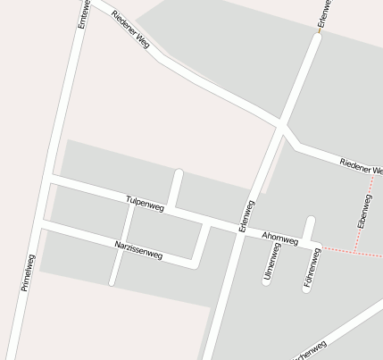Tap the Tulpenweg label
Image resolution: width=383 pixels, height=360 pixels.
point(146,205)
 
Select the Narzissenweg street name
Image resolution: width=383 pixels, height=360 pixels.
point(138,249)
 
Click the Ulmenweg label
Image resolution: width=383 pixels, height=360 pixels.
point(271,263)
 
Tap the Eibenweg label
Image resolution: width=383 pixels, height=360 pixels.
point(363,210)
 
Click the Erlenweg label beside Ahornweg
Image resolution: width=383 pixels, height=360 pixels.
point(247,216)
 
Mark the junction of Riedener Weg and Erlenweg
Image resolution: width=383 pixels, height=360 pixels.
point(282,126)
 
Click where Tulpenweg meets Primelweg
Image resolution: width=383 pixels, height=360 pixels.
point(53,180)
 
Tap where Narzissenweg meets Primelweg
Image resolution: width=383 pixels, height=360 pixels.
point(44,228)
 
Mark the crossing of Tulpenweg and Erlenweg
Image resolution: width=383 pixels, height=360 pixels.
point(239,229)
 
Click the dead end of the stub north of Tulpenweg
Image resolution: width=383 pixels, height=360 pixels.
point(179,172)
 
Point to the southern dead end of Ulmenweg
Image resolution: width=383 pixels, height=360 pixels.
point(267,281)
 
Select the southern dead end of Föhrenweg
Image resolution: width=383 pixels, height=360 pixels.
point(307,288)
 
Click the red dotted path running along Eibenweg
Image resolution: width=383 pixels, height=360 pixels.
point(368,214)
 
